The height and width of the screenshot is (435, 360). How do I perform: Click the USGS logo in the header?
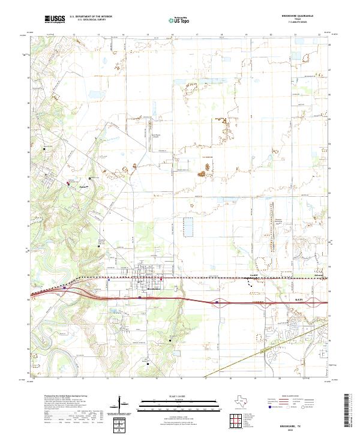[54, 19]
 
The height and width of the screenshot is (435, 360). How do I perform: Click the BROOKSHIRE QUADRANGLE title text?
[310, 16]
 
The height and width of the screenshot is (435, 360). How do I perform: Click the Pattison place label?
[84, 187]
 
